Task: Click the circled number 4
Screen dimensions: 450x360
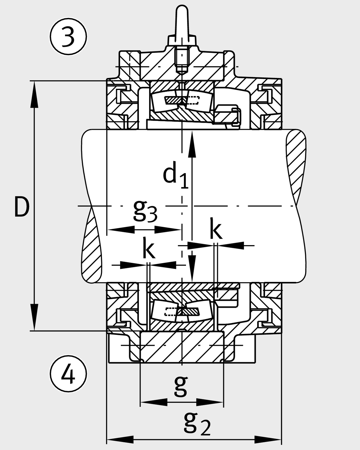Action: point(68,374)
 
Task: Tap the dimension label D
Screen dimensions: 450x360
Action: point(22,207)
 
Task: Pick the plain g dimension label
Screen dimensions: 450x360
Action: point(181,385)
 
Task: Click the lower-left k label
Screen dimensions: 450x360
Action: point(148,249)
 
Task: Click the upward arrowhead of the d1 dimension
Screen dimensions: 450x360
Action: point(192,144)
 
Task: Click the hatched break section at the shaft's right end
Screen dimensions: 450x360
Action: point(295,162)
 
